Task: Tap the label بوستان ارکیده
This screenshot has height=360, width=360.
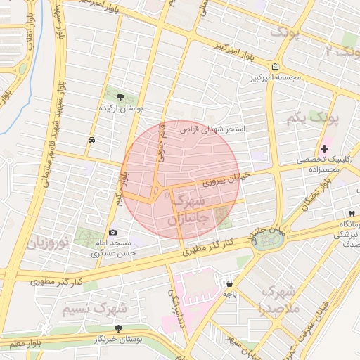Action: [x=123, y=110]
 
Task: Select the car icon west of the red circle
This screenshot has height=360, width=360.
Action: [x=92, y=140]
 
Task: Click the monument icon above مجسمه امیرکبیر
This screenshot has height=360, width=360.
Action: [x=274, y=67]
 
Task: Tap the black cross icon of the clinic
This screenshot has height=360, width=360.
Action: [x=323, y=148]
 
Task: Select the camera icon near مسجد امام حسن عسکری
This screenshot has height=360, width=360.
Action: [x=112, y=232]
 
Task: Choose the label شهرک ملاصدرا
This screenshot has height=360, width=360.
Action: [x=279, y=300]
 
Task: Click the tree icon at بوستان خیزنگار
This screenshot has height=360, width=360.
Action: [x=118, y=328]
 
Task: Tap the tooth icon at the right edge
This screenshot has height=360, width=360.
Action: [x=350, y=214]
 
